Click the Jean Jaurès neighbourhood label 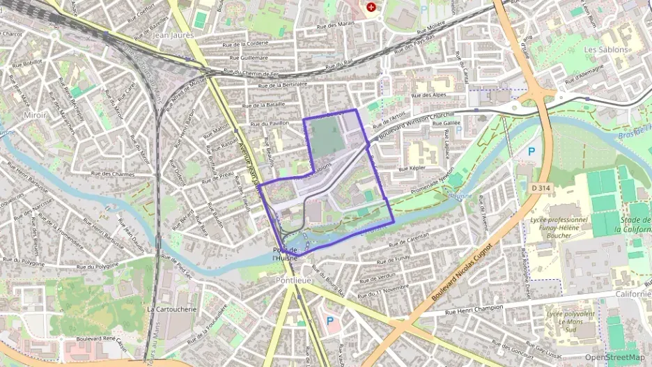click(171, 34)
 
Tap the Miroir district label click(35, 115)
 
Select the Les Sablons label click(605, 50)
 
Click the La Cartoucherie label click(172, 309)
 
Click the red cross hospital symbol click(371, 8)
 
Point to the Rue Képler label click(411, 169)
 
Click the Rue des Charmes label click(112, 173)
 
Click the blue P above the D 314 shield click(531, 151)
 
